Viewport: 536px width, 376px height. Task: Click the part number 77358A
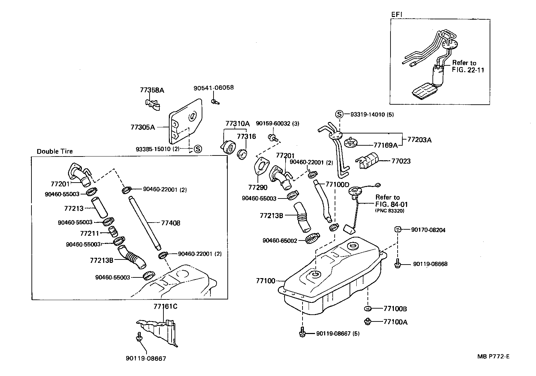[x=152, y=90]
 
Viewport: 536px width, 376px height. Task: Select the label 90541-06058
[x=214, y=88]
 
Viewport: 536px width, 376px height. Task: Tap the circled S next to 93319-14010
[x=339, y=114]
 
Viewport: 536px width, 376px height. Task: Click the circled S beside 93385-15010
[x=198, y=149]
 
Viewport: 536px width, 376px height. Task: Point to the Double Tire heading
[x=54, y=151]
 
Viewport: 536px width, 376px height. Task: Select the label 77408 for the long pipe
[x=171, y=223]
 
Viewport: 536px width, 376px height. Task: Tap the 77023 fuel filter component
[x=370, y=160]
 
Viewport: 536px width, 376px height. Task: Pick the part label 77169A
[x=385, y=145]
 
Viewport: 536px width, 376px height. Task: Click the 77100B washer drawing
[x=367, y=309]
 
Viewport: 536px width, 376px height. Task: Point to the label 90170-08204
[x=428, y=230]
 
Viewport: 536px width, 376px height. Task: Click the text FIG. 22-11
[x=468, y=70]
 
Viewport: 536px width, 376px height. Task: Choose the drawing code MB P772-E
[x=493, y=356]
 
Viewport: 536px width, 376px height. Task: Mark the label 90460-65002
[x=280, y=241]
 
